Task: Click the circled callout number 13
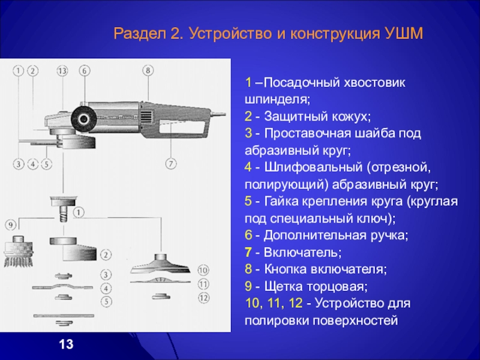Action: click(62, 71)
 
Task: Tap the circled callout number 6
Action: click(85, 71)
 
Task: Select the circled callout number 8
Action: click(148, 71)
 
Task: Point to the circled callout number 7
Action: click(170, 163)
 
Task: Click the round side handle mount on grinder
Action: click(82, 115)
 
